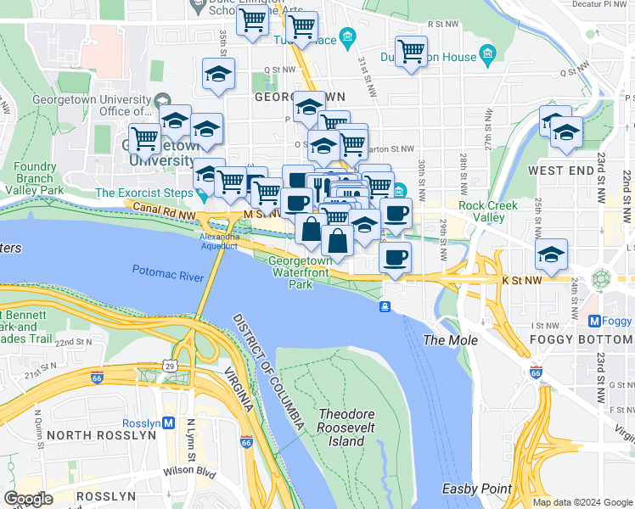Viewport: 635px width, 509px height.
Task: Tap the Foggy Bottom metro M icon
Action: (x=595, y=322)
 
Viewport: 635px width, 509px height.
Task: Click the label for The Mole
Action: (x=451, y=340)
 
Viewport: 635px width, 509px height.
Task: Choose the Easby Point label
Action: (x=476, y=489)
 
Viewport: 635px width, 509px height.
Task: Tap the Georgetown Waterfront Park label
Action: (x=301, y=273)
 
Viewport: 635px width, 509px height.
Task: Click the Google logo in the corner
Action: (x=28, y=499)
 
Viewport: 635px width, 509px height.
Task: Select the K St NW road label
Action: (x=521, y=279)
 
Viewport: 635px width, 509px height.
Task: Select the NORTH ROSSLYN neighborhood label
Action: (x=102, y=434)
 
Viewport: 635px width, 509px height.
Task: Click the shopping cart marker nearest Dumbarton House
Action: (x=411, y=52)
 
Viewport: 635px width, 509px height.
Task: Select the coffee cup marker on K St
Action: (x=395, y=257)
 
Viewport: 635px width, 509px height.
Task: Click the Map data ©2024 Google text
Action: (x=582, y=502)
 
